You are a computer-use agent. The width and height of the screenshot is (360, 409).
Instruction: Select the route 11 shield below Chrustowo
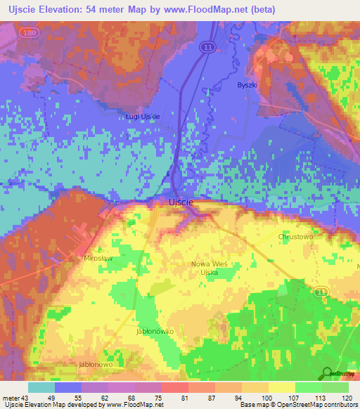point(321,290)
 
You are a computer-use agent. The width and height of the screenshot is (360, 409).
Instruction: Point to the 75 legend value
point(159,397)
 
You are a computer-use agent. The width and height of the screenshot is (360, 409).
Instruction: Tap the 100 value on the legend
point(266,397)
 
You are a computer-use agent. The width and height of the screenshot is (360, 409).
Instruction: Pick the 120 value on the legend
point(345,397)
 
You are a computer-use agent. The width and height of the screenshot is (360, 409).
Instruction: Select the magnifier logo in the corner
point(327,374)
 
